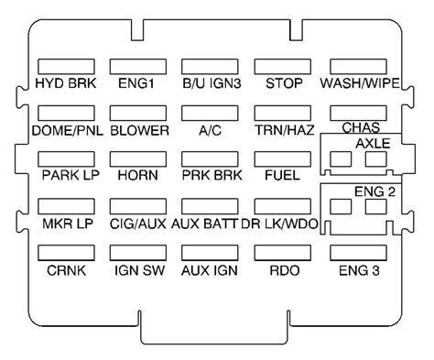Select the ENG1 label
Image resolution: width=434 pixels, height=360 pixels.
pyautogui.click(x=135, y=84)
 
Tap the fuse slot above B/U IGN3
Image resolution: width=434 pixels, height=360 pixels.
pyautogui.click(x=207, y=67)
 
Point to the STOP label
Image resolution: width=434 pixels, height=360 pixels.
pyautogui.click(x=278, y=84)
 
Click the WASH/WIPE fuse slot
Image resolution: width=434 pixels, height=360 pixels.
pyautogui.click(x=356, y=67)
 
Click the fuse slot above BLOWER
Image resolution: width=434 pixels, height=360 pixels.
pyautogui.click(x=135, y=113)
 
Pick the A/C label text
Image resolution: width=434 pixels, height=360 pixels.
pyautogui.click(x=207, y=130)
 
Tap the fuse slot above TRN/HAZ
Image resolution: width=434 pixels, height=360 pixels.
pyautogui.click(x=278, y=113)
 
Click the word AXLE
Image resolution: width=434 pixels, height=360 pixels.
pyautogui.click(x=373, y=144)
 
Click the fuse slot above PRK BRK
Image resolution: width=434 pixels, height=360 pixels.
pyautogui.click(x=207, y=158)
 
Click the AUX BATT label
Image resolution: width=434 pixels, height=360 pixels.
pyautogui.click(x=209, y=223)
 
